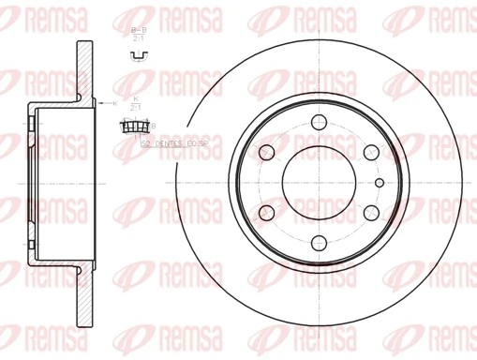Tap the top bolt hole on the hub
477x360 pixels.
click(x=319, y=121)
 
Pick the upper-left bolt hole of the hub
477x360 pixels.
click(x=266, y=152)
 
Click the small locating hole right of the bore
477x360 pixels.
click(x=380, y=182)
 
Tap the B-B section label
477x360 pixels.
click(x=137, y=33)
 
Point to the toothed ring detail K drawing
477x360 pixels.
click(x=137, y=126)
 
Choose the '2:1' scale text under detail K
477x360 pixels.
click(x=137, y=109)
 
